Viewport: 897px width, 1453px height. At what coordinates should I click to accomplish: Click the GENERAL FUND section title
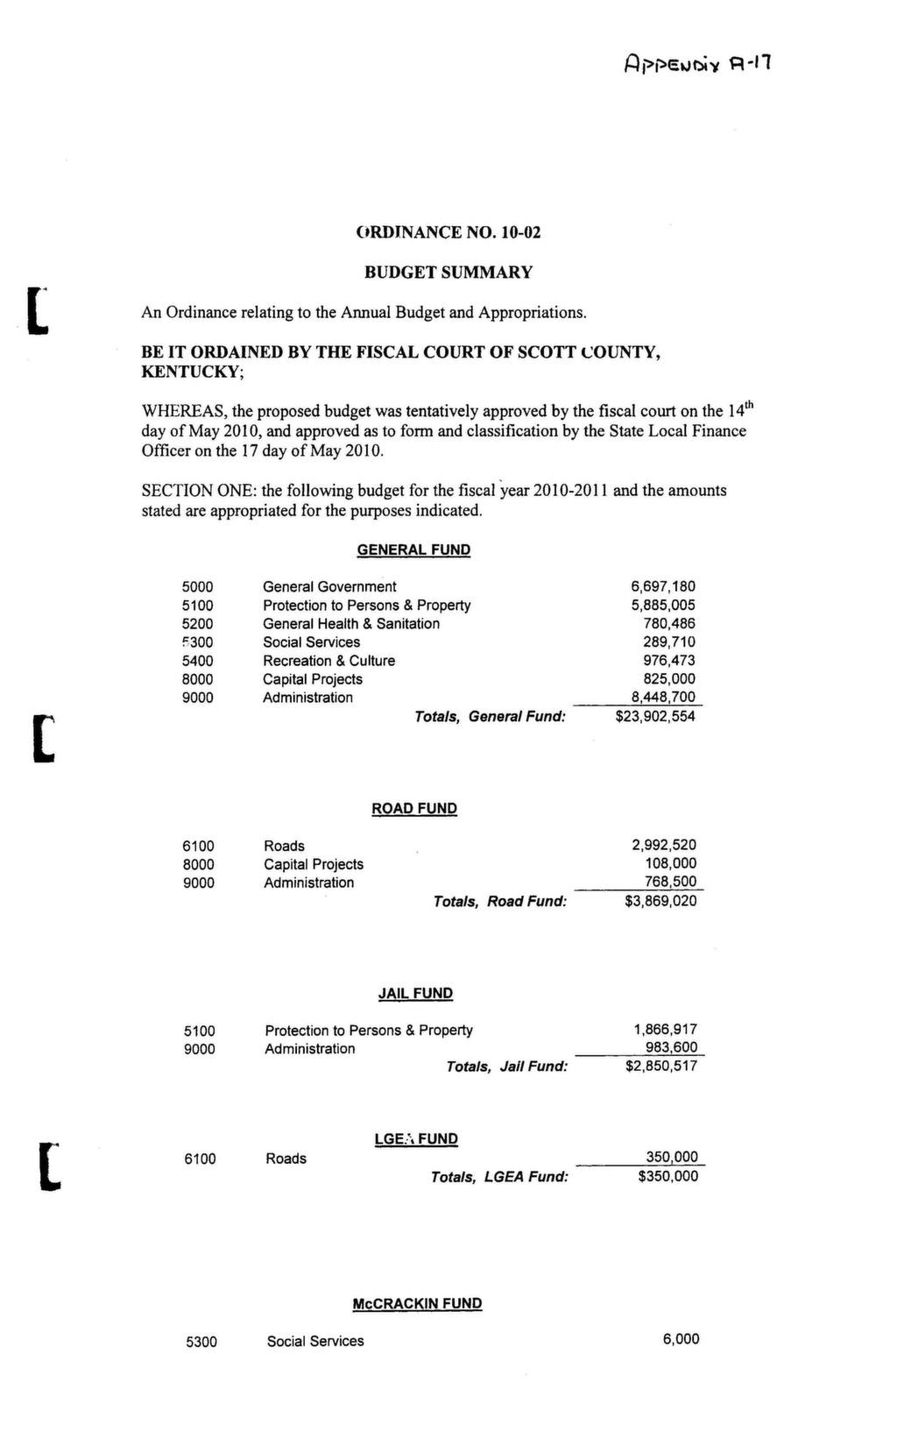click(x=413, y=550)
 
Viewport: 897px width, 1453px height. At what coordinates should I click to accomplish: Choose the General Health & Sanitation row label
click(x=351, y=624)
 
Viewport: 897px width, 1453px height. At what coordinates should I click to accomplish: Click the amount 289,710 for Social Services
click(x=669, y=642)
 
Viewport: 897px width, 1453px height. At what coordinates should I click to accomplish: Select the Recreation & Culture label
click(x=328, y=661)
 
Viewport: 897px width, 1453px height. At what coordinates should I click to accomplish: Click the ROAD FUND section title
click(x=414, y=809)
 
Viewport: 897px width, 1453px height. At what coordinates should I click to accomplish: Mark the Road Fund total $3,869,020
click(x=660, y=901)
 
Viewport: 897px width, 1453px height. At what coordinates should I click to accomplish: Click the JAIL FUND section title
click(x=415, y=994)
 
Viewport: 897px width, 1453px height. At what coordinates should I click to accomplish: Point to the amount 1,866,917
click(x=665, y=1031)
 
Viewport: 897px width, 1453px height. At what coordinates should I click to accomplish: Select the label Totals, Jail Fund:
click(x=507, y=1067)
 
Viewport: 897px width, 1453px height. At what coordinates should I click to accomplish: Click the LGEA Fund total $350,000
click(x=668, y=1177)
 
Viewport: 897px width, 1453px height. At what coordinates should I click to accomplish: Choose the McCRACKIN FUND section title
click(x=417, y=1304)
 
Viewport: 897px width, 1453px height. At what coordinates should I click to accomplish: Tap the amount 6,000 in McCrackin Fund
click(x=681, y=1339)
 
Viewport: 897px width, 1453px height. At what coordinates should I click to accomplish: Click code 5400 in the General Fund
click(x=197, y=661)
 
